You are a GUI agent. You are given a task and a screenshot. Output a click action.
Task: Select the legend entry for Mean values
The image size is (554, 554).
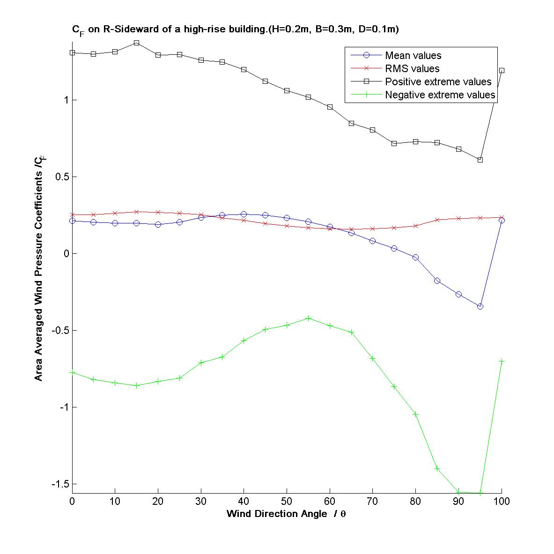pos(413,56)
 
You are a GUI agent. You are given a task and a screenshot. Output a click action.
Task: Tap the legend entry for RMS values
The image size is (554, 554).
pos(412,69)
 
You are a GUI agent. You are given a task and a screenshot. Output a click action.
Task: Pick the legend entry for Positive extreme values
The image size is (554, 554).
pos(438,82)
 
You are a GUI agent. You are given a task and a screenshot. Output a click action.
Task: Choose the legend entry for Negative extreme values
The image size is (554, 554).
pos(440,95)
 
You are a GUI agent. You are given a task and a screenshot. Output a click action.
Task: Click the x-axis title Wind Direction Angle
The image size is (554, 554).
pos(286,514)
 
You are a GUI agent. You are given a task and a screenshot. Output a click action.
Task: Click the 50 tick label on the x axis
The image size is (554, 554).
pos(287,502)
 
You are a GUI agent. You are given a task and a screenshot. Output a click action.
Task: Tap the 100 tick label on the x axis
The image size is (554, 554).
pos(502,502)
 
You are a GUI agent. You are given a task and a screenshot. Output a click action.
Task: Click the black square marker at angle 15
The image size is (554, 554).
pos(136,43)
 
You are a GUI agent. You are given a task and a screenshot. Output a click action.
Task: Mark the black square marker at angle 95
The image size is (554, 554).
pos(480,160)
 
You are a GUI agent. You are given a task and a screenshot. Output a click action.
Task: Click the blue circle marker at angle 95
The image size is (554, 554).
pos(480,306)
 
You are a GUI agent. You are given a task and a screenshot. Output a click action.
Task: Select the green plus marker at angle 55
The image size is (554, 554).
pos(308,318)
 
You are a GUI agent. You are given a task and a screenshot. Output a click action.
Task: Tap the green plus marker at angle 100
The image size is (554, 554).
pos(502,361)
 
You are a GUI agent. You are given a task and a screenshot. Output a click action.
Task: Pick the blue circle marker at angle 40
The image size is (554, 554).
pos(244,214)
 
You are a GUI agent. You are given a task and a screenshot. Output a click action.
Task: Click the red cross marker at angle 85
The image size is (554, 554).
pos(437,220)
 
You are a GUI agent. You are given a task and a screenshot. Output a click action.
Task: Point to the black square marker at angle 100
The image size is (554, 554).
pos(502,70)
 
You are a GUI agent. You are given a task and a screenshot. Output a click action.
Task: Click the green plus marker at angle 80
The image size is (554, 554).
pos(415,414)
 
